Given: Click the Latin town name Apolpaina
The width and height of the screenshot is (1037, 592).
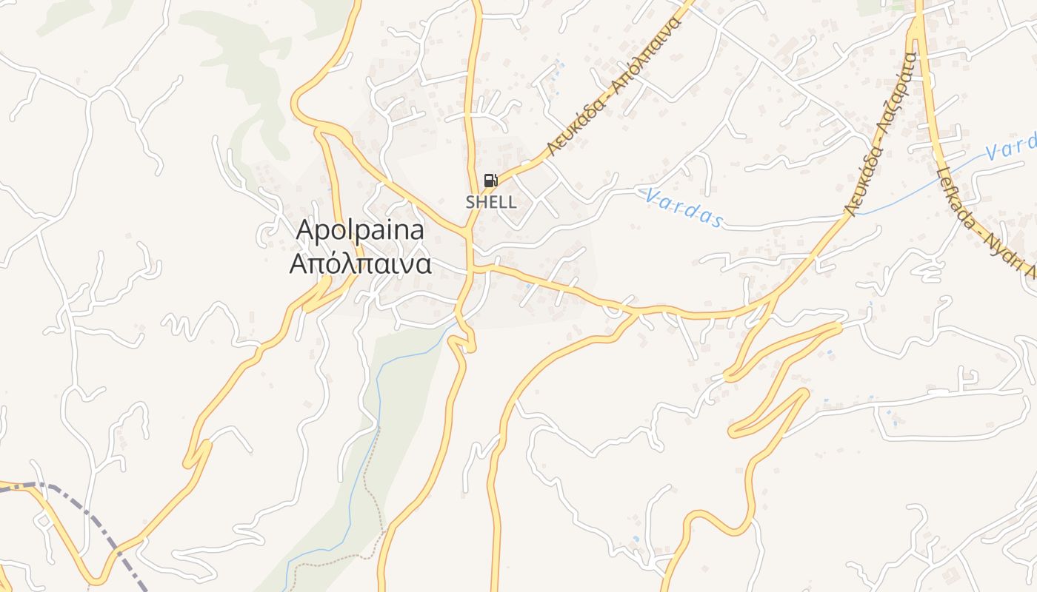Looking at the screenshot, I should pos(360,230).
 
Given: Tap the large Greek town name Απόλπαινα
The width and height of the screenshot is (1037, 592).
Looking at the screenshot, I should pos(360,263).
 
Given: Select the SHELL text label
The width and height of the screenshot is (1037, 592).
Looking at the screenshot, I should pos(490,201).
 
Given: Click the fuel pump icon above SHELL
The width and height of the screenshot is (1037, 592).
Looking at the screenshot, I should pos(490,180).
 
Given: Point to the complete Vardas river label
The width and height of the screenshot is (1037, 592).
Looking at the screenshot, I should pos(682,207).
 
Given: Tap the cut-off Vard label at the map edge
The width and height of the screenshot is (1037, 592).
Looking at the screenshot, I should pos(1010,148).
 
